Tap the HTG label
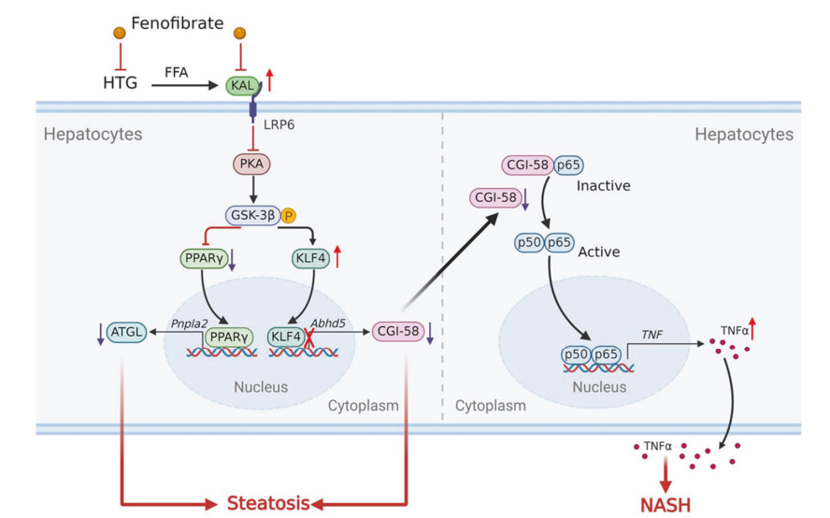coord(120,84)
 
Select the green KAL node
coord(241,85)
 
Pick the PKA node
coord(251,165)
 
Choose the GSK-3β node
coord(250,214)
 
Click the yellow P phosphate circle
coord(288,214)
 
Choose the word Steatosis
coord(267,503)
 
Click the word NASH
coord(665,505)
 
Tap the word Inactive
coord(603,185)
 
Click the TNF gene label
coord(651,333)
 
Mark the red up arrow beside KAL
coord(270,79)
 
